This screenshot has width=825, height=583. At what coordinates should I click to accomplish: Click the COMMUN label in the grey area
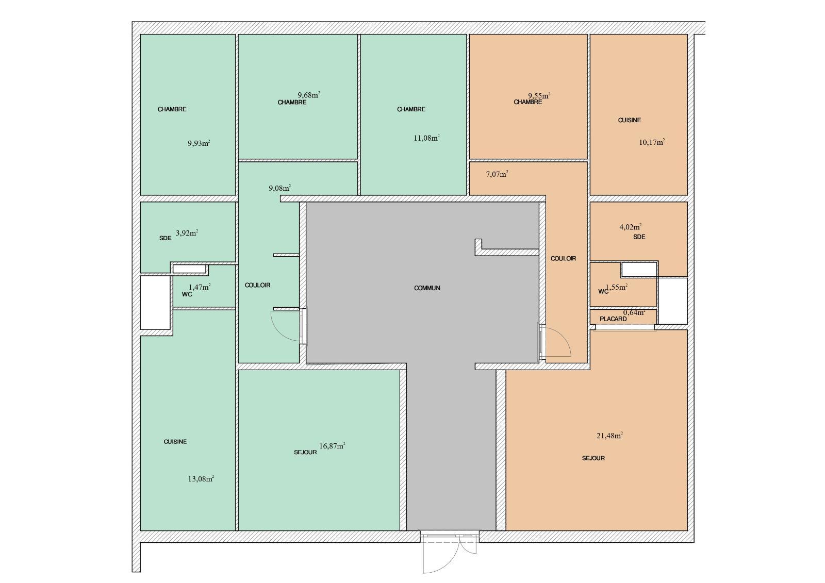(427, 288)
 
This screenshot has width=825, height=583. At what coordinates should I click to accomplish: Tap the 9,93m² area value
(199, 143)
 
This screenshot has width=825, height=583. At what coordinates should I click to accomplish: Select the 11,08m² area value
(426, 138)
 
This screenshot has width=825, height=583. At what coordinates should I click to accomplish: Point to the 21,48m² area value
(609, 435)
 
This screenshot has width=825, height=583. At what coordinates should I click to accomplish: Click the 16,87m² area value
(332, 446)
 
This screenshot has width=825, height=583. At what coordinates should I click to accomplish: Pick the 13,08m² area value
(201, 479)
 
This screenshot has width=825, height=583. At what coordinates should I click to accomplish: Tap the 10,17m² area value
(652, 142)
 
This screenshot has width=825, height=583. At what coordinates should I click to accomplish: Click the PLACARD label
(613, 319)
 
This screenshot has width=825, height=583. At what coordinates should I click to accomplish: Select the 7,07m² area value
(497, 174)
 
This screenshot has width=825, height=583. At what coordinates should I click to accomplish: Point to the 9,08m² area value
(280, 188)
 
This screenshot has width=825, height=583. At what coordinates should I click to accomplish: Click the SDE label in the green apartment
(166, 238)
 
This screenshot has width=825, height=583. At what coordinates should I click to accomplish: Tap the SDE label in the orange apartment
(639, 237)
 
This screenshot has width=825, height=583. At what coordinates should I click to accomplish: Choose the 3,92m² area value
(187, 233)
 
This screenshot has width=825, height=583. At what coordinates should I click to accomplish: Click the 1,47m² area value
(200, 287)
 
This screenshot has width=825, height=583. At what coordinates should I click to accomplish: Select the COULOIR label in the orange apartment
(563, 259)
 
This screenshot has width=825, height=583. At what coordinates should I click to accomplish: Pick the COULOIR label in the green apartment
(257, 285)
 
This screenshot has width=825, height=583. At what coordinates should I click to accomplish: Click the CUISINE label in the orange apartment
(630, 120)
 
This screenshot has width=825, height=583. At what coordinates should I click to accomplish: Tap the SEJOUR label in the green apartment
(305, 452)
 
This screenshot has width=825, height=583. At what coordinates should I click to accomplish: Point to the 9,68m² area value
(309, 95)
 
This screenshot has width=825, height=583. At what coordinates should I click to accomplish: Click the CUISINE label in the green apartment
(175, 442)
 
